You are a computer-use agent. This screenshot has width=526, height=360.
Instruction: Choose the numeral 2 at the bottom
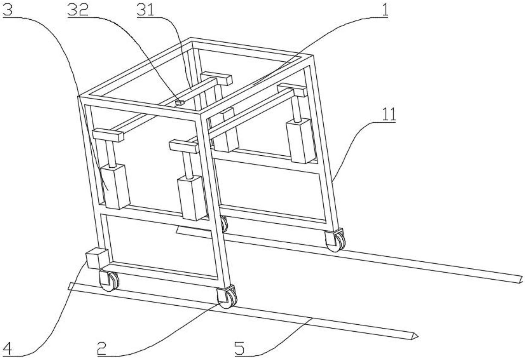click(x=102, y=349)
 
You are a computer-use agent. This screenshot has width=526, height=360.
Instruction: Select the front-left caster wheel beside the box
click(x=109, y=281)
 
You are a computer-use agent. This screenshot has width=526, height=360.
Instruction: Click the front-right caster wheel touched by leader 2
click(x=227, y=298)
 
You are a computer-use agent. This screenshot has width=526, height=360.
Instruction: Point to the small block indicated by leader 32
click(x=179, y=103)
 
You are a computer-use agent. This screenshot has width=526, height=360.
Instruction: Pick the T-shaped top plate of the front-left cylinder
click(x=108, y=135)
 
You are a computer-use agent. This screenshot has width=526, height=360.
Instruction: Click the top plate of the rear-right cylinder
click(x=292, y=89)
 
